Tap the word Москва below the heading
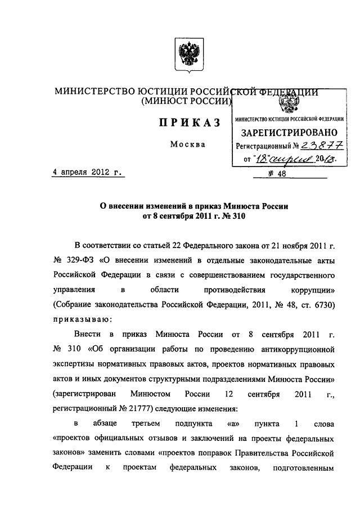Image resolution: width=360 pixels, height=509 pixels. point(187,145)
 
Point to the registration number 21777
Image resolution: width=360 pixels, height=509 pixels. point(145,407)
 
